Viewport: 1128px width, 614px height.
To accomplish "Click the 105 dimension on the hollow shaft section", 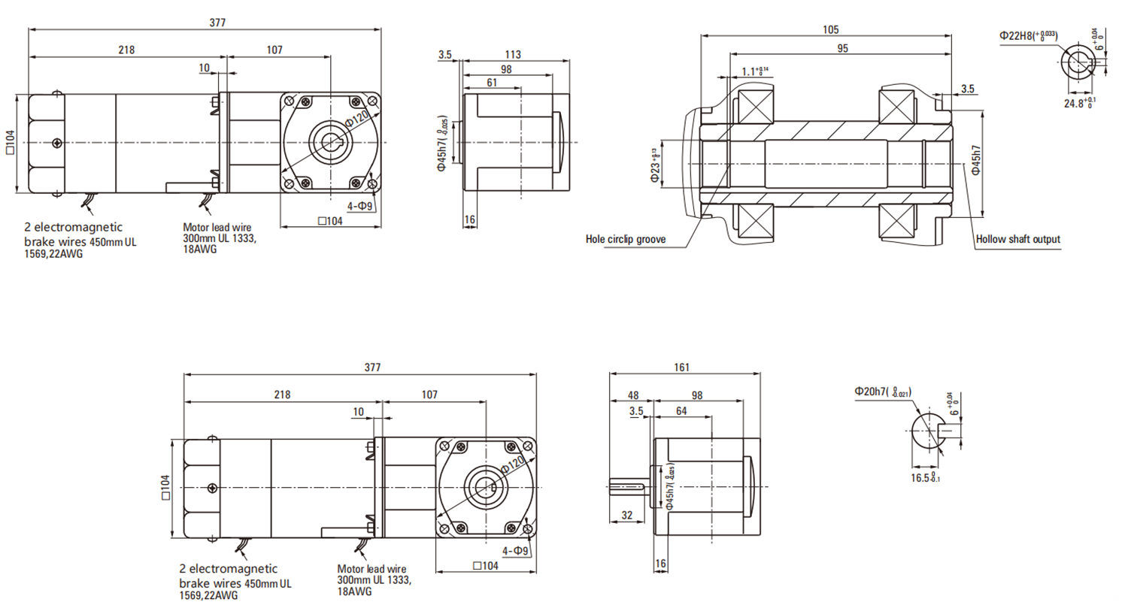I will pos(830,30).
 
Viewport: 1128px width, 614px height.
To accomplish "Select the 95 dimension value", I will pos(842,49).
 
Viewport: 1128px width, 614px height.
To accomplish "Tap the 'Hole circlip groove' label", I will pos(625,239).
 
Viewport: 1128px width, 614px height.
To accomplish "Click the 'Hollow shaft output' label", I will pos(1017,239).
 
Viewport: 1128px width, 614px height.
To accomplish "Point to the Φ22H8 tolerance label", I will pos(1028,35).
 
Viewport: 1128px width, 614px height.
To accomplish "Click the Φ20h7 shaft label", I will pos(882,392).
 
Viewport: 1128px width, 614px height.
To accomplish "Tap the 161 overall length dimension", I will pos(681,367).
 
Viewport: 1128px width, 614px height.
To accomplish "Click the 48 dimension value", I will pos(632,395).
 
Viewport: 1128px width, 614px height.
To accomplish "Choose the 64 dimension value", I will pos(681,411).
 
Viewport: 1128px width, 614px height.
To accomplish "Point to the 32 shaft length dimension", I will pos(627,516).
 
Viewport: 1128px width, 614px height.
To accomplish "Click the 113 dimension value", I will pos(513,54).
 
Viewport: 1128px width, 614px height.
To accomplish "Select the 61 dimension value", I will pos(492,83).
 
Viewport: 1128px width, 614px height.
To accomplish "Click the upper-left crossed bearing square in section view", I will pos(755,106).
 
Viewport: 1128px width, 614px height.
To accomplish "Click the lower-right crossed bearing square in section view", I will pos(897,223).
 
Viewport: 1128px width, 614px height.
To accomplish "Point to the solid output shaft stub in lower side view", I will pos(627,487).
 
